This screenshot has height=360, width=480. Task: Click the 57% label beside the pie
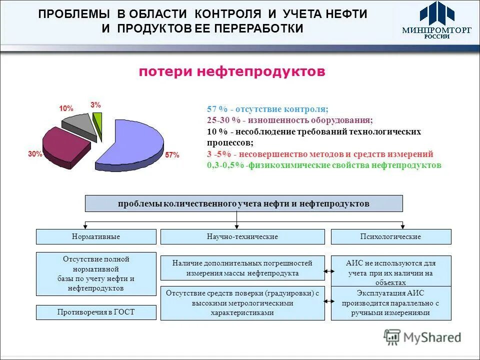click(172, 155)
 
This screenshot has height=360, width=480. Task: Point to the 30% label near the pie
click(35, 154)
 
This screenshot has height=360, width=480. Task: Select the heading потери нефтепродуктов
click(232, 72)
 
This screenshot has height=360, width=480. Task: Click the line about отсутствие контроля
click(267, 109)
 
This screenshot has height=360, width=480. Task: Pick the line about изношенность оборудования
click(290, 120)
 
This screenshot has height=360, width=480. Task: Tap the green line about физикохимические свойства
click(324, 164)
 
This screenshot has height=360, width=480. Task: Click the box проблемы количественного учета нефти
click(244, 203)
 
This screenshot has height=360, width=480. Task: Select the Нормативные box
click(96, 236)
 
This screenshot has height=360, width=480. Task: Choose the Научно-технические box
click(242, 236)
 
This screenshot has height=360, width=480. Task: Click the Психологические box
click(390, 236)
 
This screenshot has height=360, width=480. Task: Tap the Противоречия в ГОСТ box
click(96, 312)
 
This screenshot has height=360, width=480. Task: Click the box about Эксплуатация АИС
click(390, 303)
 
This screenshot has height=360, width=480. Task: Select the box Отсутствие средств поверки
click(242, 303)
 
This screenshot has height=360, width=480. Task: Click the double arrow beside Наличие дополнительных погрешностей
click(328, 271)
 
